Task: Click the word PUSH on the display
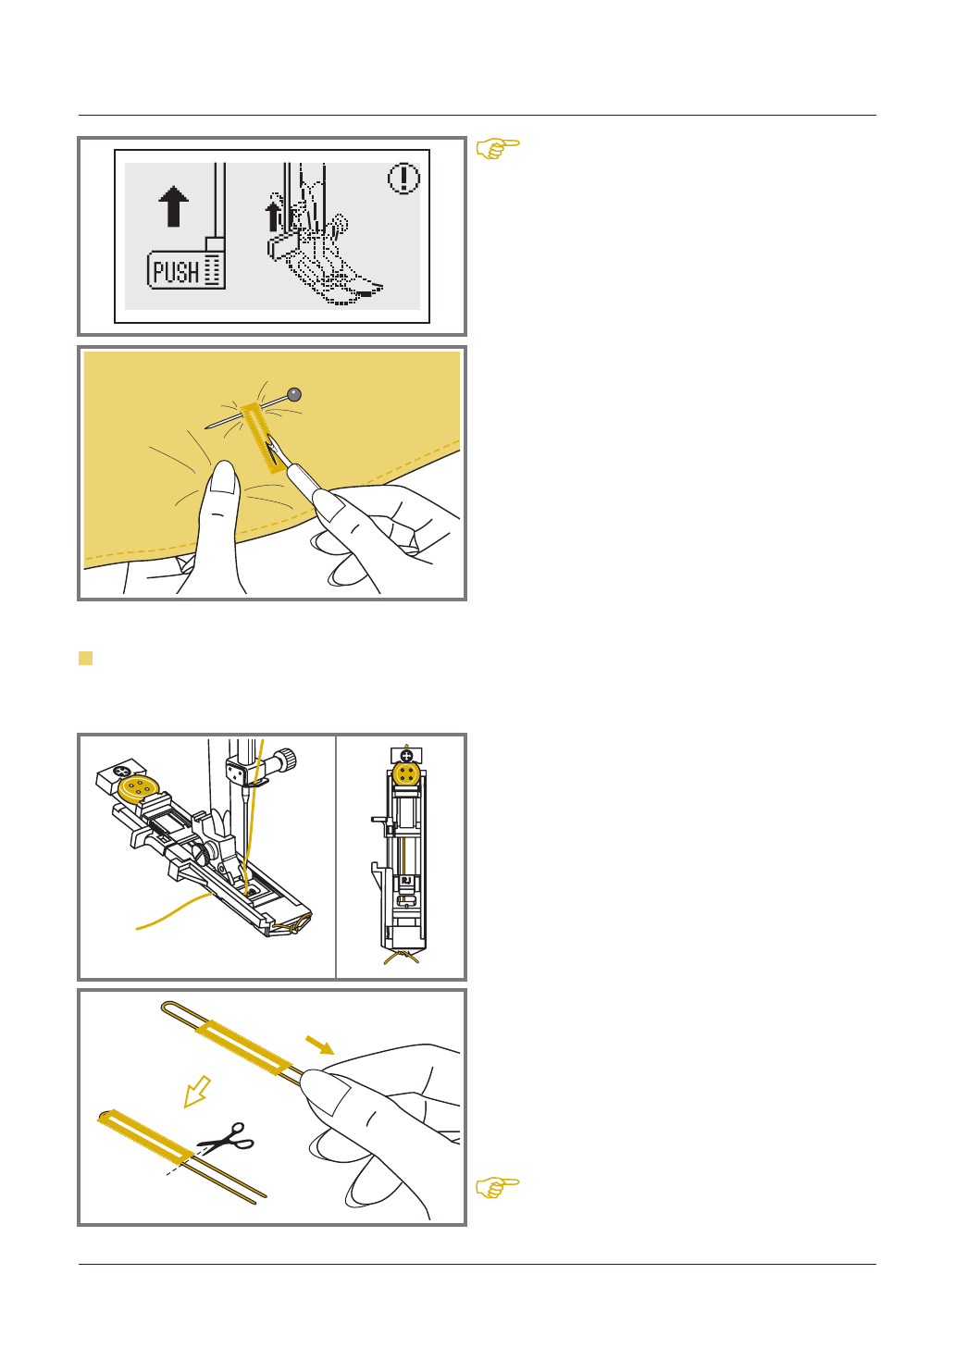[176, 272]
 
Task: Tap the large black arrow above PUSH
[173, 206]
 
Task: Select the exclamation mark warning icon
[403, 179]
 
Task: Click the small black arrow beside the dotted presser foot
[273, 216]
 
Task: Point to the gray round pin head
[294, 395]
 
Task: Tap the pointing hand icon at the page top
[498, 148]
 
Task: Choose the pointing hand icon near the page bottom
[498, 1187]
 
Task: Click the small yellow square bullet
[85, 658]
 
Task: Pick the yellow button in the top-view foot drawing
[406, 774]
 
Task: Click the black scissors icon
[227, 1136]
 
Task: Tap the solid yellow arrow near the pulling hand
[319, 1045]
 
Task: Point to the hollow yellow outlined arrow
[197, 1092]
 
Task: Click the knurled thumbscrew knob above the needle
[285, 761]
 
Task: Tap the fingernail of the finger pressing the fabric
[224, 477]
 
